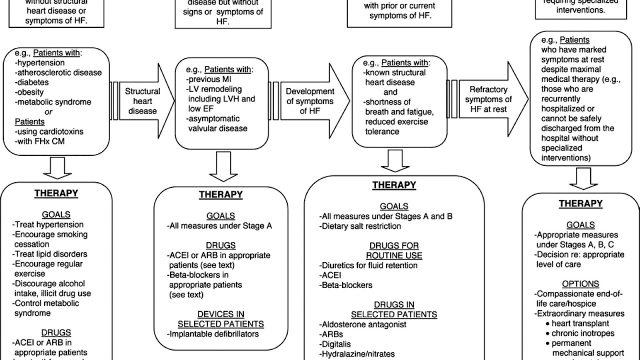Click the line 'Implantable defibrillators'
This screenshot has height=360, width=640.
(213, 333)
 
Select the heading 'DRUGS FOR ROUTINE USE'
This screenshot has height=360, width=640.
(394, 250)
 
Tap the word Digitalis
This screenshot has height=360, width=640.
(335, 344)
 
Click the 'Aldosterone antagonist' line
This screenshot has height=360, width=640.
(362, 324)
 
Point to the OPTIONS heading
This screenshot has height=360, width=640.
(580, 284)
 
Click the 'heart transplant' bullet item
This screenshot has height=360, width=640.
(580, 323)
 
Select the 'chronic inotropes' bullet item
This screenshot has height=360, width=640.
(583, 333)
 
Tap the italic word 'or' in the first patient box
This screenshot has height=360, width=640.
(49, 111)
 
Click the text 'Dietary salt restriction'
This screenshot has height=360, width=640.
(360, 226)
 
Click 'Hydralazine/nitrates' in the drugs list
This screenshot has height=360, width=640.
(357, 354)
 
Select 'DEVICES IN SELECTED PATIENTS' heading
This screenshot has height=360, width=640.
(220, 319)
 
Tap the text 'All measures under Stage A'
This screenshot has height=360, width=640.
(220, 225)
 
